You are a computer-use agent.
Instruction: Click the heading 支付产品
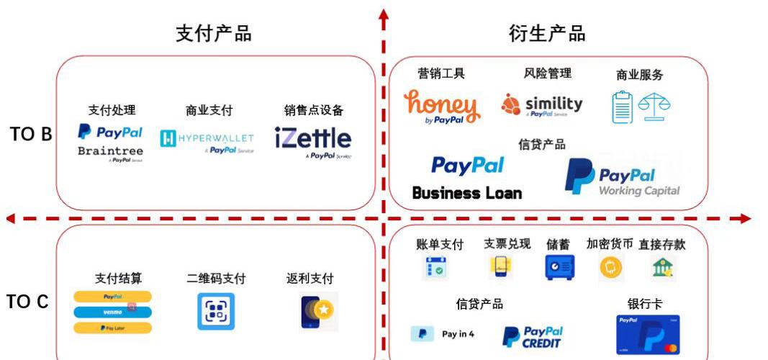(214, 34)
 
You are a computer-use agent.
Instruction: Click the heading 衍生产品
(547, 34)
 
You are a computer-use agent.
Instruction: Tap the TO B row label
(31, 134)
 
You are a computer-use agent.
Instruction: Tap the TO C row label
(28, 302)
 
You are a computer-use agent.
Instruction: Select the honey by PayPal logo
(441, 106)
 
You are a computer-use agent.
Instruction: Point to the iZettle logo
(313, 140)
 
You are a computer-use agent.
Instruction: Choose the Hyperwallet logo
(207, 139)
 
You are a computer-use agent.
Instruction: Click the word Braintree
(110, 151)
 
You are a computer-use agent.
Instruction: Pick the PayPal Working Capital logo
(622, 177)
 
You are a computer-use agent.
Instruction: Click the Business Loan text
(466, 193)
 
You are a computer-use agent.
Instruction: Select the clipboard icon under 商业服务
(622, 107)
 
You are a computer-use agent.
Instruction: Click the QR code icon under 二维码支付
(216, 312)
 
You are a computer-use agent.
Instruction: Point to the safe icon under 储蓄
(559, 268)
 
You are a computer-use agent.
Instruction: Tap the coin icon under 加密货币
(610, 269)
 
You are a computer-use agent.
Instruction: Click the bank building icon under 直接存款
(662, 268)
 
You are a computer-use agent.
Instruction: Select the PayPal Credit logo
(533, 337)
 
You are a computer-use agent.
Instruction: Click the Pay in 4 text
(458, 334)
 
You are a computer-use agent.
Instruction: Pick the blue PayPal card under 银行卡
(648, 335)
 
